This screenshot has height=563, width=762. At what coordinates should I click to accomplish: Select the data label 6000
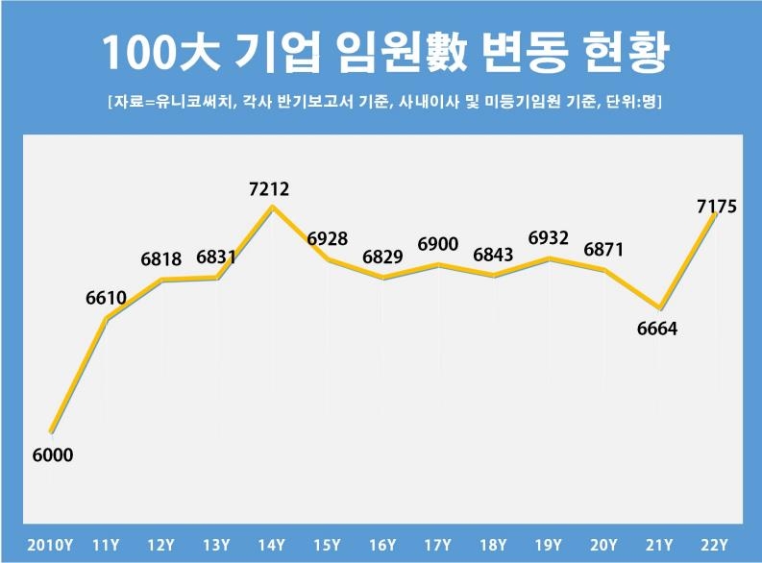point(53,455)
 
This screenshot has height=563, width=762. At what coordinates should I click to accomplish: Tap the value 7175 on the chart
point(716,206)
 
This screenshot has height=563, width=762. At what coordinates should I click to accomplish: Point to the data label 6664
point(657,329)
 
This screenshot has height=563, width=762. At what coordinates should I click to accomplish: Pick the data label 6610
point(106,299)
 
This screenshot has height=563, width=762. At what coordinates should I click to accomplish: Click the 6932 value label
point(549,238)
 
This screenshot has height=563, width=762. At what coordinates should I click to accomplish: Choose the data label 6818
point(160,259)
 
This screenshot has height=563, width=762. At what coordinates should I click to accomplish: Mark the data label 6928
point(328,239)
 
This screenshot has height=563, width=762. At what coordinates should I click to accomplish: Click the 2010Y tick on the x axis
point(50,544)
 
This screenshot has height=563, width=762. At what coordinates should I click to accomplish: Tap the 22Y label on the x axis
point(715,544)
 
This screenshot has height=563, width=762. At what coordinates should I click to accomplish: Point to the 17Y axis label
point(438,544)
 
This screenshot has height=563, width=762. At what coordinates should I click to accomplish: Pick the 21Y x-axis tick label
point(659,544)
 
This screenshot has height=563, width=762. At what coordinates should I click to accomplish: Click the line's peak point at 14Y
point(273,206)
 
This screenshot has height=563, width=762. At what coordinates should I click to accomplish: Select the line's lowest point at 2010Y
point(51,432)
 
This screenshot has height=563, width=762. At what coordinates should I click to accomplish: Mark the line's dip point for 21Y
point(659,306)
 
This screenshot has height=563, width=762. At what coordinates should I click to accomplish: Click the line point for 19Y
point(549,258)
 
